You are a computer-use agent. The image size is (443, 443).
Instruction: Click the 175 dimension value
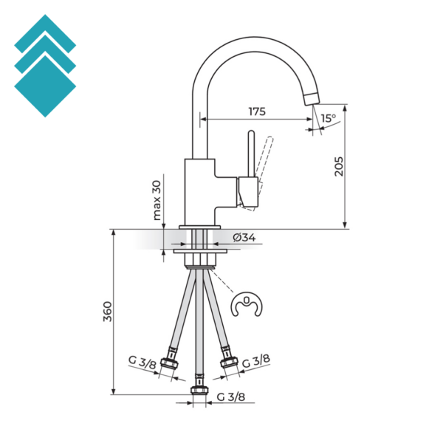256,111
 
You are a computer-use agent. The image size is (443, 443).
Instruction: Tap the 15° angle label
328,117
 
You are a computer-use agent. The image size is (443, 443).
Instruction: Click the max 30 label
157,201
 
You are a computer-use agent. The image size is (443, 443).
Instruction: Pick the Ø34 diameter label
244,238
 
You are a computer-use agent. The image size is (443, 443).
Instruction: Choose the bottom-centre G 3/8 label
230,397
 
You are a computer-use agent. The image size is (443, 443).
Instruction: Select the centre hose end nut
198,390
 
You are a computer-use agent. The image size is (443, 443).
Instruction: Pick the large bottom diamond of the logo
45,86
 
